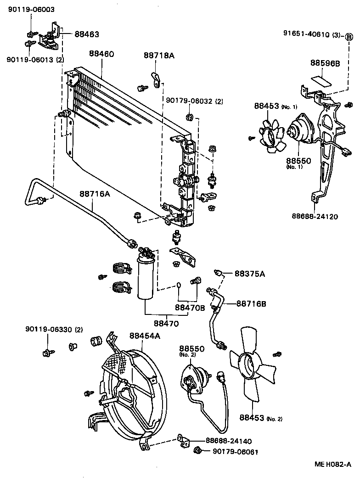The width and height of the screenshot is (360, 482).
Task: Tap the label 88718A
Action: click(158, 55)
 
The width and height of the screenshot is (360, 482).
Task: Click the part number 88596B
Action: click(325, 63)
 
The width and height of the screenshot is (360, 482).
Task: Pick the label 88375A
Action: click(250, 274)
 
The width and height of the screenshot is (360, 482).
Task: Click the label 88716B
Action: click(252, 303)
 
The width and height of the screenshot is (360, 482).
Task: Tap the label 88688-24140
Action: click(228, 441)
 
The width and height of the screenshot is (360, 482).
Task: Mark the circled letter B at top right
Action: click(349, 37)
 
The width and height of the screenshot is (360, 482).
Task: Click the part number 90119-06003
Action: click(31, 10)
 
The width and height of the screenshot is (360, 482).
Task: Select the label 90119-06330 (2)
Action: click(54, 329)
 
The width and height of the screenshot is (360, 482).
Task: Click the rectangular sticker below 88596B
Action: click(322, 81)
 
